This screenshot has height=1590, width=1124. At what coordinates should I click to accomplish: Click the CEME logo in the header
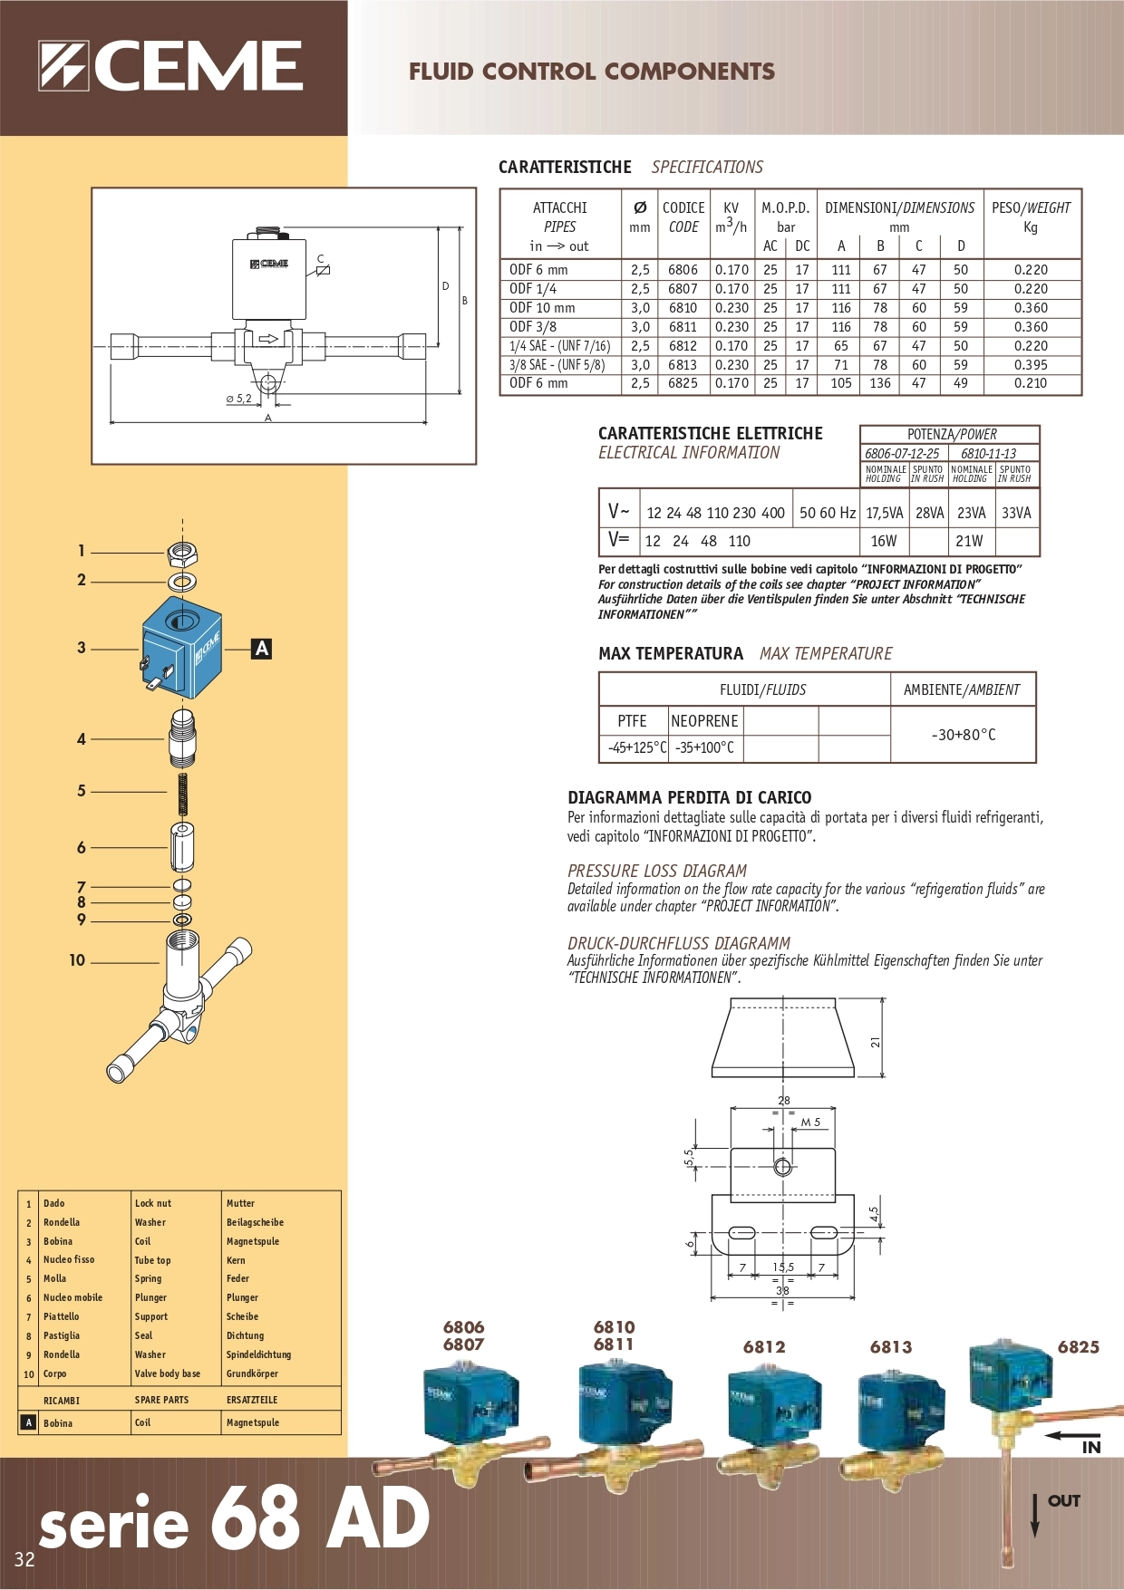tap(170, 66)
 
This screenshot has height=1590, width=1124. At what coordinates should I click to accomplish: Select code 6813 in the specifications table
tap(683, 365)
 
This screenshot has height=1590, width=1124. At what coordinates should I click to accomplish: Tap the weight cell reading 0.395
tap(1031, 365)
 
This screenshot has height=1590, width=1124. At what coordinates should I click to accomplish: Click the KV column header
tap(731, 217)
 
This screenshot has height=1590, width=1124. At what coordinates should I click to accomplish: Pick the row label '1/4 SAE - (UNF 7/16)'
tap(559, 346)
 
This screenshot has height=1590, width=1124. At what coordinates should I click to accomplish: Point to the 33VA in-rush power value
tap(1016, 513)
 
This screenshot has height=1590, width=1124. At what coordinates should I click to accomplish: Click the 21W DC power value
tap(969, 541)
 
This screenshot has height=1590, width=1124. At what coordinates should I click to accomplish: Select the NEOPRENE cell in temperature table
tap(704, 721)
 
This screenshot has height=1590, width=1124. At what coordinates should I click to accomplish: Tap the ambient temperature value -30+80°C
tap(963, 735)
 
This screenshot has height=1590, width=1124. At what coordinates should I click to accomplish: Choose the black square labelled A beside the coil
tap(261, 649)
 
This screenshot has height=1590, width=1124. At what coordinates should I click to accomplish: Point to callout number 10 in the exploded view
tap(77, 960)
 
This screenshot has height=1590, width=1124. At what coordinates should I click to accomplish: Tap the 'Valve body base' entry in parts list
tap(168, 1373)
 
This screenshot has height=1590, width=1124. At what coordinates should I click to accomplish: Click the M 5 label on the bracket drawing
tap(810, 1123)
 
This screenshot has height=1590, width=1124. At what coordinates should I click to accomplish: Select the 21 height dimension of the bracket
tap(876, 1042)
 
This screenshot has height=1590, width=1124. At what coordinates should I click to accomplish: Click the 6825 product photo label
tap(1078, 1347)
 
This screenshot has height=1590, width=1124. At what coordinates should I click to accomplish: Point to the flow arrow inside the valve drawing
tap(268, 339)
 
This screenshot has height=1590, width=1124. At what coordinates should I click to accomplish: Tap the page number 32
tap(24, 1559)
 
